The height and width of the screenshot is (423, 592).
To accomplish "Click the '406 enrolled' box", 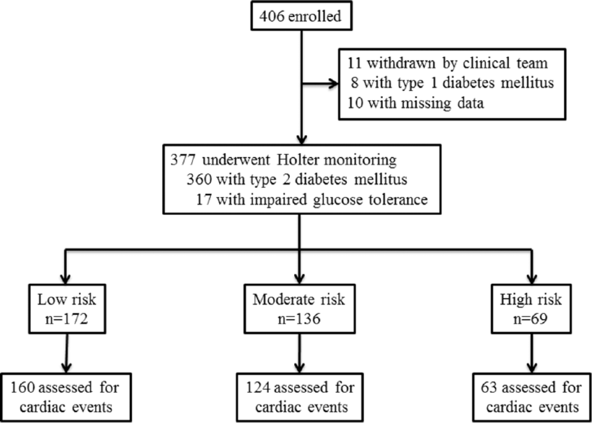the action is pos(301,16).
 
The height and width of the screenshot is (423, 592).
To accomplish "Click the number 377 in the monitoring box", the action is pos(183,160).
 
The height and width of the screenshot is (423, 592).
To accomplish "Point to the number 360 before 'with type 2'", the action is pos(199,179).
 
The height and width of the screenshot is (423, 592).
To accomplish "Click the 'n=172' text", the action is pos(66,319).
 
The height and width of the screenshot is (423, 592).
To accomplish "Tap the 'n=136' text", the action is pos(299,319).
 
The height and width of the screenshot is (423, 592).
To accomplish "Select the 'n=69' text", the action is pos(530,319).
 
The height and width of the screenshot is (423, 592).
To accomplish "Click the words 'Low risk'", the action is pos(66,300).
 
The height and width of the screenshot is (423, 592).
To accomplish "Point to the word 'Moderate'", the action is pos(284,300).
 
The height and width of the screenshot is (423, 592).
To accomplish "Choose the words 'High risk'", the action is pos(531,300).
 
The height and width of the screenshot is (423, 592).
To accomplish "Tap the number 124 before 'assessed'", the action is pos(258,388).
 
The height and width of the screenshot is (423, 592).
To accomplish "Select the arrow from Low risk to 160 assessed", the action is pos(66,353).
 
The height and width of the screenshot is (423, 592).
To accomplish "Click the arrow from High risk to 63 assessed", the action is pos(531,353).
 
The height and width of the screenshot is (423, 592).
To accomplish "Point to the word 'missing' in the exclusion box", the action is pos(426,103).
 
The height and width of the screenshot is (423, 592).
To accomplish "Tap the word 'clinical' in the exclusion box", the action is pos(486,63).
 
